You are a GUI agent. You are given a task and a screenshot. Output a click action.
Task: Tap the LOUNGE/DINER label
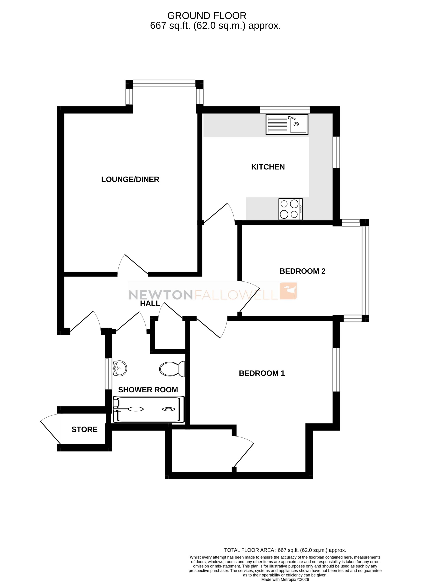point(130,179)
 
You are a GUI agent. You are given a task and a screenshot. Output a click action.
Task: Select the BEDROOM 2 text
point(302,271)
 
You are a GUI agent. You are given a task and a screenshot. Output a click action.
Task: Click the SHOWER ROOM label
point(148,390)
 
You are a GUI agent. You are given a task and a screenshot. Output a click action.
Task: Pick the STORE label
point(84,430)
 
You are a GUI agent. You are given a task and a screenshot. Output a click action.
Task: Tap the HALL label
point(150,303)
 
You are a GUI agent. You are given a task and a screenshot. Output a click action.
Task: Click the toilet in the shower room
point(172,369)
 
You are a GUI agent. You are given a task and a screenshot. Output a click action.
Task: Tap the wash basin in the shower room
point(120,368)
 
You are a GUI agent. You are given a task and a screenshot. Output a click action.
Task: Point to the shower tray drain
point(168,409)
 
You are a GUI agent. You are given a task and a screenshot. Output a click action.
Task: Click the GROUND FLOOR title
point(207,16)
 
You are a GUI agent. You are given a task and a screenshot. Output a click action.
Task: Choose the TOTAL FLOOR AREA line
point(285,550)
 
